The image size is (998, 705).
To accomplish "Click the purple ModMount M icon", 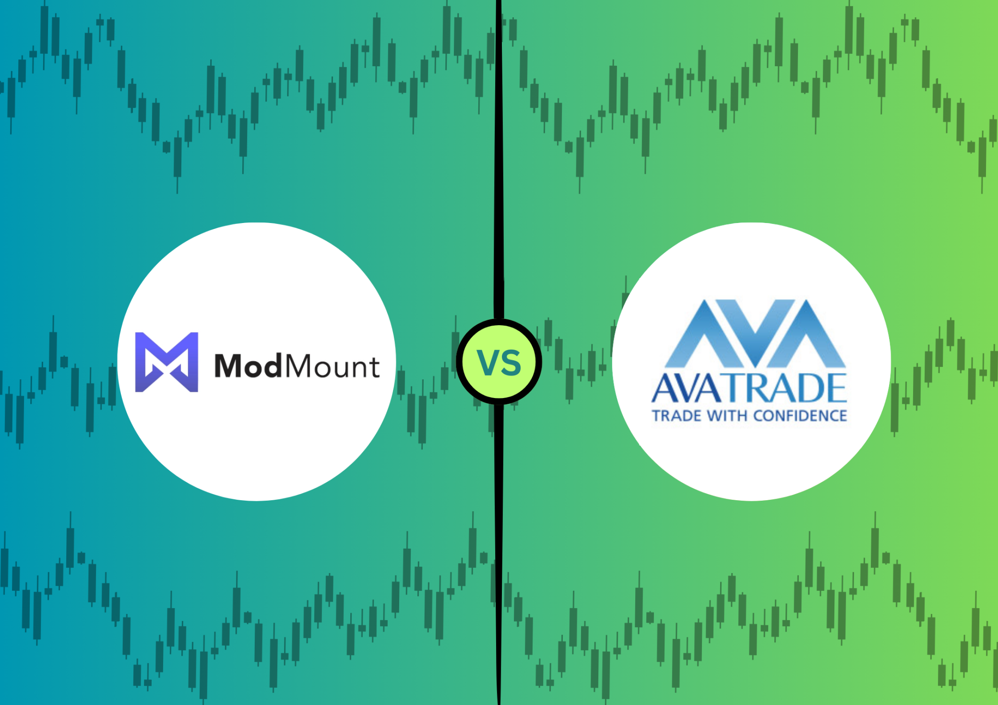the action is click(166, 362).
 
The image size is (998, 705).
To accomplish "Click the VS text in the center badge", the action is click(499, 363).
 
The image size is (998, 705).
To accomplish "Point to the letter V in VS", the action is click(488, 363).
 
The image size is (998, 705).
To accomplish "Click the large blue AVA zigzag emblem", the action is click(756, 333).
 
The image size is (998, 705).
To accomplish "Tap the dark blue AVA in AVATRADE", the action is click(687, 388).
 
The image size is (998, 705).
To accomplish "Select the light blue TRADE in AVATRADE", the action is click(784, 388).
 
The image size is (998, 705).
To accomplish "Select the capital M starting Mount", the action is click(299, 366).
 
